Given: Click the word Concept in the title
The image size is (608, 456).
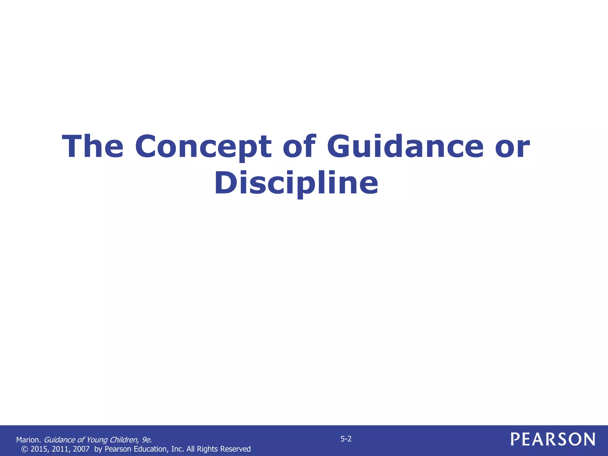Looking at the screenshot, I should (203, 147).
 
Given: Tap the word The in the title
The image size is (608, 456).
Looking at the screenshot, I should (93, 147).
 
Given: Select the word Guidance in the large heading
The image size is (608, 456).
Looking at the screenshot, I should (405, 147).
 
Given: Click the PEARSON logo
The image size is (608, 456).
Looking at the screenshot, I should (553, 439).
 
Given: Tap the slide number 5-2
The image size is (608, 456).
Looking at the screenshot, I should (346, 439).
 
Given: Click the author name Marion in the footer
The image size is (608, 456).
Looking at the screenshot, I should (28, 440).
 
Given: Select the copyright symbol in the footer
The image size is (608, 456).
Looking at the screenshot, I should (24, 449).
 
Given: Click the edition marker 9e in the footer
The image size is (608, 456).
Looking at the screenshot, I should (147, 440).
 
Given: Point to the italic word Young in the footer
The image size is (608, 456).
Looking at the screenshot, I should (96, 440).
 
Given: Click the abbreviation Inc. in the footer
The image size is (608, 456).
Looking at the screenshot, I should (178, 449).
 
